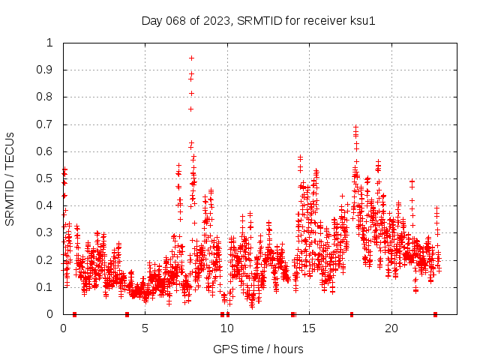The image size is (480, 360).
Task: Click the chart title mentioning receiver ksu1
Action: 258,20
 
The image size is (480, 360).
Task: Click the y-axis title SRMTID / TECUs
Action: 10,178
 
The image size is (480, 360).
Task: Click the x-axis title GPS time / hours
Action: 258,349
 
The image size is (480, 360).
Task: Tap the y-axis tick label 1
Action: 50,43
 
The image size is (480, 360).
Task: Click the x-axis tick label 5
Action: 145,328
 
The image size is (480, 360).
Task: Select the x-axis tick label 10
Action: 227,328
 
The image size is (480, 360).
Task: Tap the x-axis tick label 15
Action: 310,328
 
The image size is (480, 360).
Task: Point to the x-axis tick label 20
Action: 391,328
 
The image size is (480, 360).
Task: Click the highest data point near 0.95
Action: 191,58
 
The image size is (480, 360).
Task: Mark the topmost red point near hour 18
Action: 355,127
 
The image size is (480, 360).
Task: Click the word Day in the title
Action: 151,20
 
